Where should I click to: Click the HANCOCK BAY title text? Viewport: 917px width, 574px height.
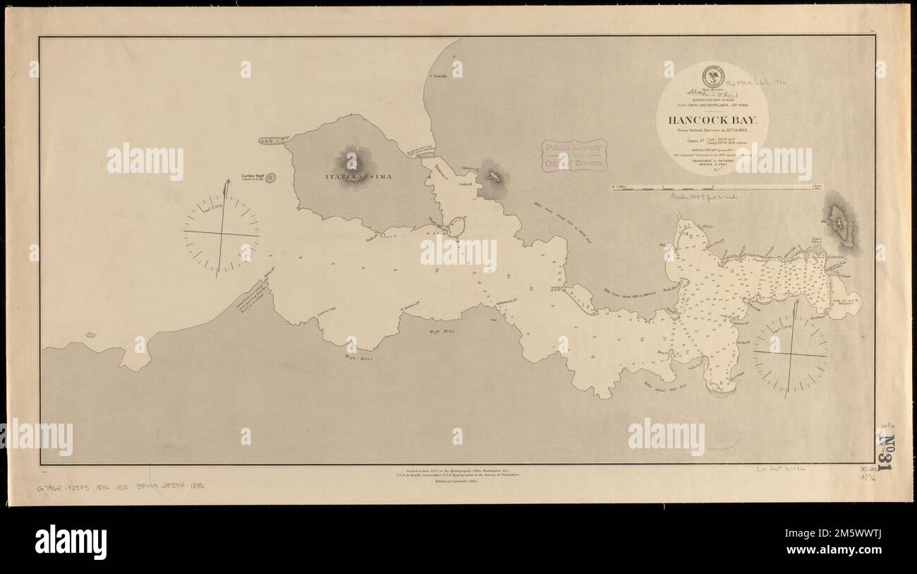click(712, 119)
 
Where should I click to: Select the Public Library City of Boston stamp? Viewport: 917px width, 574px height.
click(574, 155)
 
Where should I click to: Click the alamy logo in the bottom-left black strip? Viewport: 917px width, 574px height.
click(71, 542)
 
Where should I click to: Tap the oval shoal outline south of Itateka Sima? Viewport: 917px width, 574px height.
click(456, 227)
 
